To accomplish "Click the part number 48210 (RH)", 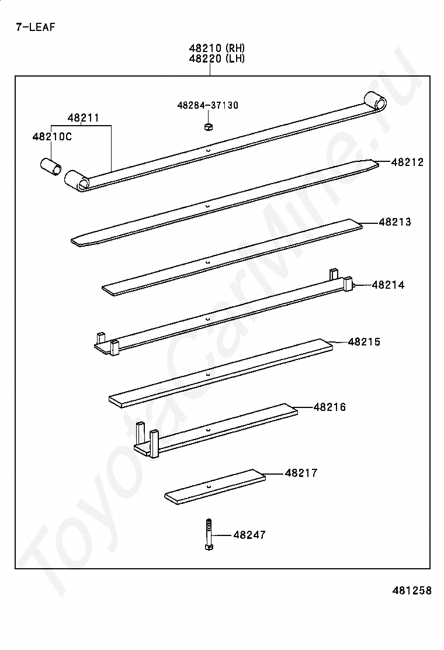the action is point(217,48).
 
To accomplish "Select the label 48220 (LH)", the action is point(217,58).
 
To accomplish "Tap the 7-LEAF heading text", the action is point(35,27).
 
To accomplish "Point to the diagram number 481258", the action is point(412,590).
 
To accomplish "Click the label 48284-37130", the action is point(208,105).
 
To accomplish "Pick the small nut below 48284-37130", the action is point(209,126).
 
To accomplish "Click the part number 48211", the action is point(83,118).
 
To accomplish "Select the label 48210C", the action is point(52,136).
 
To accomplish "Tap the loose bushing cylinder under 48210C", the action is point(51,167).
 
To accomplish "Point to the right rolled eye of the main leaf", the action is point(374,101).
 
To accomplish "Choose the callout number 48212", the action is point(408,162).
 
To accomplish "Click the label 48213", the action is point(395,222).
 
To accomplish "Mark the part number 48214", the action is point(388,285).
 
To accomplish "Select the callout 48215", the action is point(364,342).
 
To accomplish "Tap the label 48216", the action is point(329,407).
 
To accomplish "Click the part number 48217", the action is point(301,473).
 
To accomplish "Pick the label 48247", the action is point(249,535).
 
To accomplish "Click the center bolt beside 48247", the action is point(209,535).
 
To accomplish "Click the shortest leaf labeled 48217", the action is point(216,487).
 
